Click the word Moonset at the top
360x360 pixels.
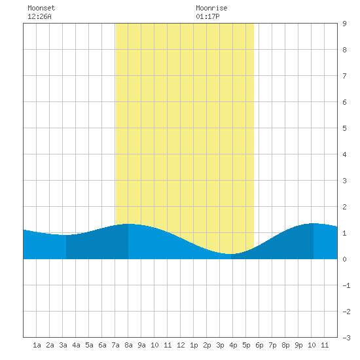[x=41, y=8]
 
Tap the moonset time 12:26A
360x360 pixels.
[x=39, y=16]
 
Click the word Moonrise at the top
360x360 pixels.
[x=211, y=8]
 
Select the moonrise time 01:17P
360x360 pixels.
[x=207, y=16]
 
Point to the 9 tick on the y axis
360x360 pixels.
[x=344, y=24]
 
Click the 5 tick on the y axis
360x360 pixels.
[x=344, y=128]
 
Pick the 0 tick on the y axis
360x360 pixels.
[x=344, y=259]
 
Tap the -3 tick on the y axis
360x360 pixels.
[x=347, y=338]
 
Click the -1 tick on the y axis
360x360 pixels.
[x=347, y=285]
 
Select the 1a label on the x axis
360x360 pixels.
[x=37, y=345]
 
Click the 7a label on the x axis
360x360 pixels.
[x=115, y=345]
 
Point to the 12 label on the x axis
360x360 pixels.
[x=181, y=345]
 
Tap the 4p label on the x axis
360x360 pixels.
[x=233, y=345]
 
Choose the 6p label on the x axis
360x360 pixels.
[x=259, y=345]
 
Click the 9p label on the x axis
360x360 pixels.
[x=298, y=345]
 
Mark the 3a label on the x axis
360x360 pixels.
[x=63, y=345]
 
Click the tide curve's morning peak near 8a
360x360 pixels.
[x=128, y=224]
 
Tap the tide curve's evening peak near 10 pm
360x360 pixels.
[x=313, y=223]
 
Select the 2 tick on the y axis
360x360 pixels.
[x=344, y=207]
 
